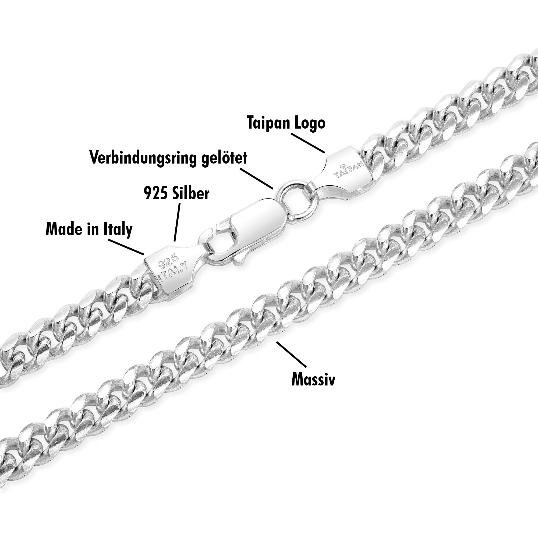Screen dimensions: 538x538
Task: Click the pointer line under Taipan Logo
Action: pos(308,143)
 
